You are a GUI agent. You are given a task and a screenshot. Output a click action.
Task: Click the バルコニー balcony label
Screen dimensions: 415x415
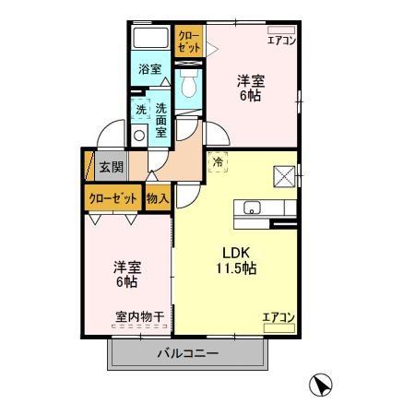pos(187,352)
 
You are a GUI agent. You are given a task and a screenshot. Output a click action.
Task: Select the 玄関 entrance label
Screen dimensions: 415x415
pos(111,167)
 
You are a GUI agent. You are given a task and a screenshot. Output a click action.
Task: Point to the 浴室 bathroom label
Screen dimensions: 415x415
pos(149,69)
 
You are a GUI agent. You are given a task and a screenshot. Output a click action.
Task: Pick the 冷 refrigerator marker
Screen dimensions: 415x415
pos(218,162)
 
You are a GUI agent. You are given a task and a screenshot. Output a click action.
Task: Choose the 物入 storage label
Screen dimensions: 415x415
pos(158,197)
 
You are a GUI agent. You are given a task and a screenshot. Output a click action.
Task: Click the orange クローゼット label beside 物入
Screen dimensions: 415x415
pos(113,197)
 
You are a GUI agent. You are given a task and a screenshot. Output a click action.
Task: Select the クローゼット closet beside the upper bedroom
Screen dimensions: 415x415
pos(188,41)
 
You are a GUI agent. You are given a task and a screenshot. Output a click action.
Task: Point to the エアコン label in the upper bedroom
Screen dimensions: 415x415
pos(280,41)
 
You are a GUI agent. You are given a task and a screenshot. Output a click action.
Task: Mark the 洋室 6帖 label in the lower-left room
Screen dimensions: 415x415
pos(127,274)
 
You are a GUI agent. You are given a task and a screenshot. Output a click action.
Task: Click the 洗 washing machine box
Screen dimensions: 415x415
pos(141,109)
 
